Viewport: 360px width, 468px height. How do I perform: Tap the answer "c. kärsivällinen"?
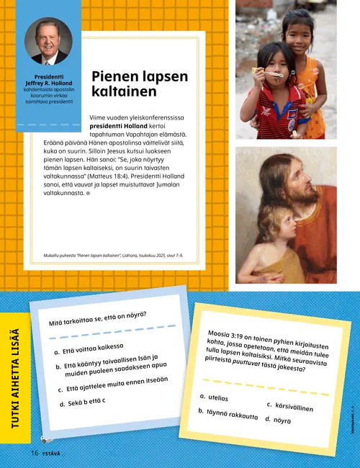pyautogui.click(x=291, y=406)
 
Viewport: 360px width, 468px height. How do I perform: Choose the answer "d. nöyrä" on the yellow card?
pyautogui.click(x=279, y=419)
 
